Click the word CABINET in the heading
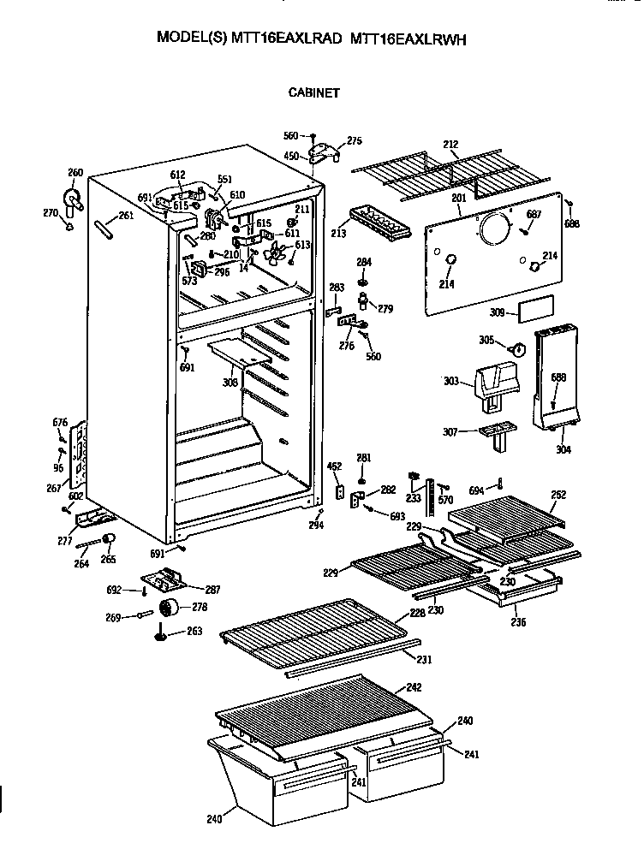(x=313, y=93)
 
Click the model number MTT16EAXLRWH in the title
(x=408, y=39)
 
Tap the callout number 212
(x=451, y=145)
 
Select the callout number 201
(x=458, y=199)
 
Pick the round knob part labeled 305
(x=516, y=347)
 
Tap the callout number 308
(x=230, y=383)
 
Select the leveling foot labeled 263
(x=160, y=634)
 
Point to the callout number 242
(x=414, y=687)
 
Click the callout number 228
(x=417, y=614)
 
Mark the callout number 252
(x=558, y=495)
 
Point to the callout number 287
(x=212, y=590)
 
